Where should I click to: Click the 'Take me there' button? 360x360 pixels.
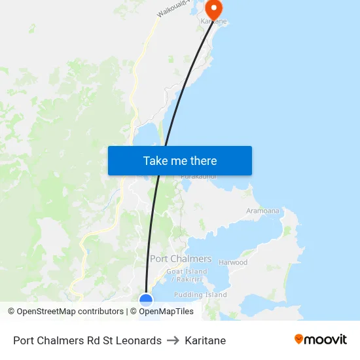point(180,160)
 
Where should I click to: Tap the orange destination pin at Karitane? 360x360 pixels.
point(213,9)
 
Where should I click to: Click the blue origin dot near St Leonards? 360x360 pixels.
point(146,300)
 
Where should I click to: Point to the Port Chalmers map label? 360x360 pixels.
point(181,259)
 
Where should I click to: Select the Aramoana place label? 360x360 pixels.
point(262,211)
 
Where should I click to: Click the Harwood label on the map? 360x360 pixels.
point(233,262)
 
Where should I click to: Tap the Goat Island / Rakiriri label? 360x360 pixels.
point(187,275)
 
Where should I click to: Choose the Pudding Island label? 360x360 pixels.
point(200,295)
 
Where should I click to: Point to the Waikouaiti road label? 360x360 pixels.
point(173,9)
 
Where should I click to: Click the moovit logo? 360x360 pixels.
point(320,340)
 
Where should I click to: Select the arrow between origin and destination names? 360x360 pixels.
point(173,340)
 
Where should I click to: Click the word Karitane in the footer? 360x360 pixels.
point(206,340)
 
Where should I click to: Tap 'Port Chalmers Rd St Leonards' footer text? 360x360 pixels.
point(87,340)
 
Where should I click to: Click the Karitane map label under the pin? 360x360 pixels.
point(213,22)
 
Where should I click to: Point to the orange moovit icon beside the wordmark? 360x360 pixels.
point(299,339)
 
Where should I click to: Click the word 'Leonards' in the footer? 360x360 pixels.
point(139,340)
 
